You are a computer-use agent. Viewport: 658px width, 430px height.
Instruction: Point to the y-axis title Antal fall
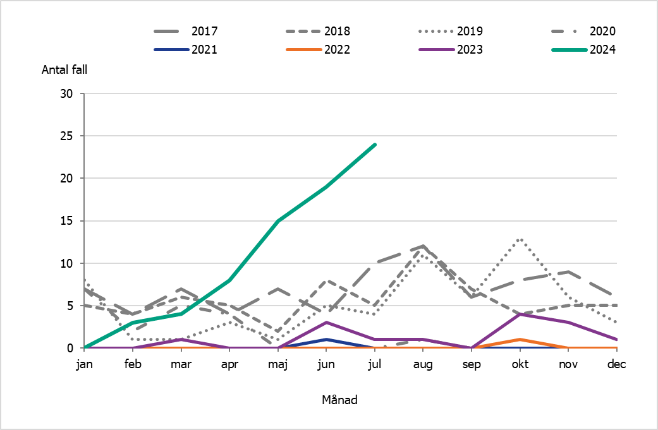coord(64,70)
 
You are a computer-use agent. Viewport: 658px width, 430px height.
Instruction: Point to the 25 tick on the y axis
coord(68,136)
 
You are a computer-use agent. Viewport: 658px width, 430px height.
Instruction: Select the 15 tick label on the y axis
coord(68,221)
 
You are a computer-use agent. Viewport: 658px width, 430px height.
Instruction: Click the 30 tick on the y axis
coord(68,94)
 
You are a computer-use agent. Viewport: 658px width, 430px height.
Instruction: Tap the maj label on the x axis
coord(278,363)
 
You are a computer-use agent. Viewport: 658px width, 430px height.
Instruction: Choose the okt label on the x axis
coord(520,363)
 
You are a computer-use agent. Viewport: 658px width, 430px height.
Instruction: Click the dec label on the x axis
coord(616,363)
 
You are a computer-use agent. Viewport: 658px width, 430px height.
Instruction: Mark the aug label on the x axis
coord(423,363)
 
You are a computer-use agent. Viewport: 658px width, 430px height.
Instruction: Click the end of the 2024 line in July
coord(375,145)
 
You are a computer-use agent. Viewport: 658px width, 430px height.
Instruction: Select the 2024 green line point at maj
coord(278,221)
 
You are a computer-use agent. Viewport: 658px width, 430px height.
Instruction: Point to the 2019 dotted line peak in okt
coord(520,239)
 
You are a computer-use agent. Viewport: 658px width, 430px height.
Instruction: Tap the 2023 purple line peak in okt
coord(520,314)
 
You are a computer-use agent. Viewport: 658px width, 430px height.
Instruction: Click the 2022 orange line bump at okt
coord(520,340)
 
